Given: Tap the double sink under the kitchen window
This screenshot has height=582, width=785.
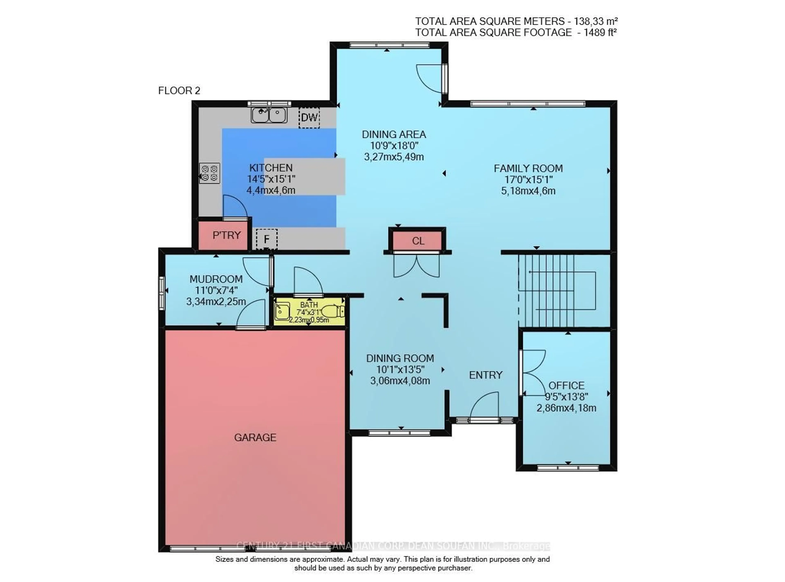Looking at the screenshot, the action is click(x=269, y=115).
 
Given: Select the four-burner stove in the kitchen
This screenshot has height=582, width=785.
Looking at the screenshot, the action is click(x=210, y=173).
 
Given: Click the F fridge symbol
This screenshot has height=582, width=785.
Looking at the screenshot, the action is click(x=267, y=239).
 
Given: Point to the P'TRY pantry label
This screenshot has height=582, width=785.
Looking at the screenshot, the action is click(x=226, y=235).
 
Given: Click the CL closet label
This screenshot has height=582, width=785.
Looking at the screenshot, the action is click(x=418, y=241).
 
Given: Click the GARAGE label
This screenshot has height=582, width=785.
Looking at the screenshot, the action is click(x=255, y=437).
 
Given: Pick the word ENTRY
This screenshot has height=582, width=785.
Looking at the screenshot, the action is click(x=486, y=375).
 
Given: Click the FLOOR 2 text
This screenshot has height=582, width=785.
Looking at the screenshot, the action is click(x=179, y=91).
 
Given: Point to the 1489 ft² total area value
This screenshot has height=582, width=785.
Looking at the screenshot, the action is click(x=600, y=32).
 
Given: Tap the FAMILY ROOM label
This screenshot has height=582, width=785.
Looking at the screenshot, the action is click(x=528, y=168).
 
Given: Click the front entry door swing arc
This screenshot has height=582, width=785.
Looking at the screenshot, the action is click(x=484, y=405).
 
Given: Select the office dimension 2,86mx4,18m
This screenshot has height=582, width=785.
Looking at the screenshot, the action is click(x=566, y=408).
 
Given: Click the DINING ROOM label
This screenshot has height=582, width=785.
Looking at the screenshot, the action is click(x=400, y=358).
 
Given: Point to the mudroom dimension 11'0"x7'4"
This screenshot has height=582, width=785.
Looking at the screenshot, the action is click(x=216, y=290).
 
